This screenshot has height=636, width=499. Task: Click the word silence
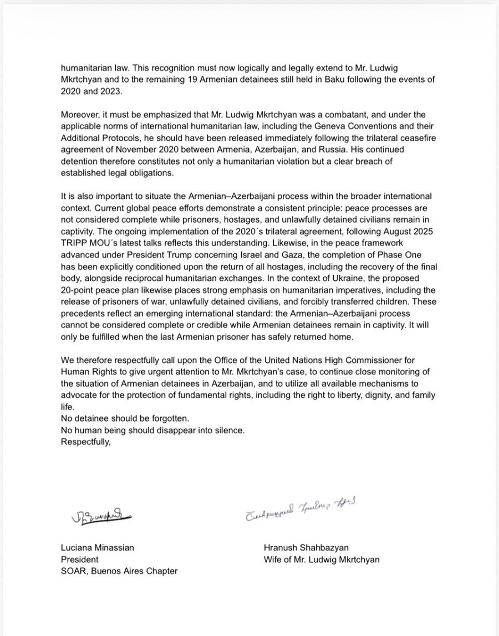(228, 430)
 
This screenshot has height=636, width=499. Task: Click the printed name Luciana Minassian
(97, 547)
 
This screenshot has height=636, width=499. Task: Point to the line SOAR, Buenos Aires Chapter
(119, 571)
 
